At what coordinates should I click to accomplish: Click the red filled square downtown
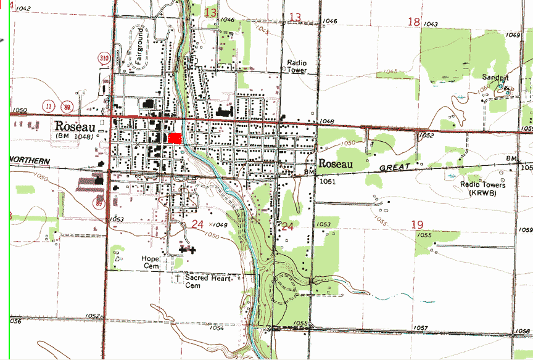[x=176, y=139]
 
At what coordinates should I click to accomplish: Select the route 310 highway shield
[x=104, y=59]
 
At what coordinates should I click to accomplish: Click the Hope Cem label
[x=150, y=262]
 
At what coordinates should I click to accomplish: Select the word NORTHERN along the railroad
[x=30, y=160]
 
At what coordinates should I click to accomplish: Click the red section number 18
[x=413, y=22]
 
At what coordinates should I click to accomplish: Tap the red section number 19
[x=417, y=224]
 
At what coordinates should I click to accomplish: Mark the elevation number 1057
[x=420, y=327]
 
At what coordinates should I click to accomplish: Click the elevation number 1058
[x=521, y=331]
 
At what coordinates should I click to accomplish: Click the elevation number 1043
[x=431, y=24]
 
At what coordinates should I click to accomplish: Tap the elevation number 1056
[x=15, y=321]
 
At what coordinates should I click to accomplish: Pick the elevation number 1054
[x=217, y=328]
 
